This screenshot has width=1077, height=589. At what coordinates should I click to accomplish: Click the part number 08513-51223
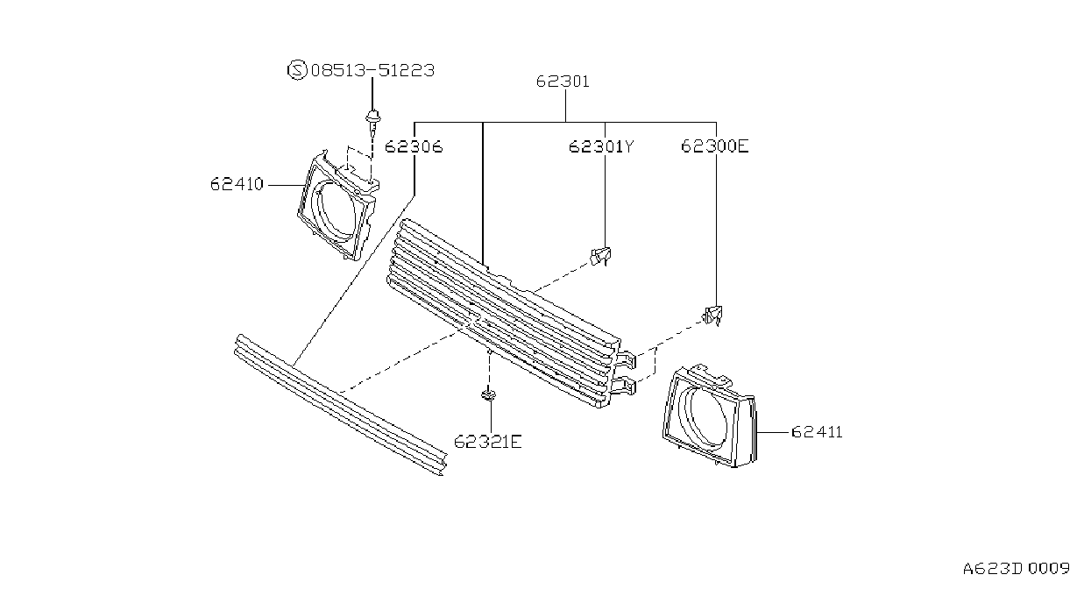(372, 71)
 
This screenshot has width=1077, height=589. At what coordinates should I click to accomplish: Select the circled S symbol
(297, 70)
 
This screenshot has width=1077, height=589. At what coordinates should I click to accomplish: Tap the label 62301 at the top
(563, 82)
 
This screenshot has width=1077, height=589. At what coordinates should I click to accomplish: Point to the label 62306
(414, 146)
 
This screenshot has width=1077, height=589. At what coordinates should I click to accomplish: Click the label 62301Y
(601, 146)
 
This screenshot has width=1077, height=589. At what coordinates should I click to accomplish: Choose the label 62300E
(715, 145)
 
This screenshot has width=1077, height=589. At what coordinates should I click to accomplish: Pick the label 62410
(237, 184)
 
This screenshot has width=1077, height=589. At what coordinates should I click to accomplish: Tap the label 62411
(817, 432)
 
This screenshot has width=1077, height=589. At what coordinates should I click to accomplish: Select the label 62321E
(487, 442)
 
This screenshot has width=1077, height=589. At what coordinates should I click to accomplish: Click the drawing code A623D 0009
(1017, 569)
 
